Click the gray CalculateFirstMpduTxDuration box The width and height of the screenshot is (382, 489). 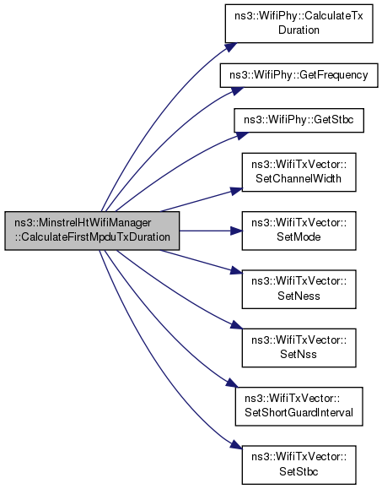(92, 231)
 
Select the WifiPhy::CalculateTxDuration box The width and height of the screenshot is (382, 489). (299, 24)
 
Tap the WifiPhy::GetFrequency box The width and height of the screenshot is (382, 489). (299, 75)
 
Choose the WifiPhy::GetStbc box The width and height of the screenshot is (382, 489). (299, 120)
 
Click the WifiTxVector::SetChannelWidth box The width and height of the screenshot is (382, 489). (299, 172)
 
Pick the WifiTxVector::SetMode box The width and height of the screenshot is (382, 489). (299, 231)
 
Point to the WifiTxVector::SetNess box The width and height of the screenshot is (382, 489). (299, 290)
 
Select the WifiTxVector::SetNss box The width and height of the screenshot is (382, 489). (299, 348)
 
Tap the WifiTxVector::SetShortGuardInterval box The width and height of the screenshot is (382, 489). (299, 406)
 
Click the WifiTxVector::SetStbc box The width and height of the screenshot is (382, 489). (299, 465)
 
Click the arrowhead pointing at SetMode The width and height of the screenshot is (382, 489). (236, 231)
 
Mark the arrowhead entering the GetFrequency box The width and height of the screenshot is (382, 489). (238, 91)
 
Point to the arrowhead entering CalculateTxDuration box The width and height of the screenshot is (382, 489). (231, 47)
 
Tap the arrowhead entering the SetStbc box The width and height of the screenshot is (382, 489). (236, 445)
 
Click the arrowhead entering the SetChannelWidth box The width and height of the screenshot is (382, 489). (236, 191)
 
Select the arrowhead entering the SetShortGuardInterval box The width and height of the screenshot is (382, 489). (232, 383)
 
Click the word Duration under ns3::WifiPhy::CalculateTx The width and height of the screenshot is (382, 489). (299, 30)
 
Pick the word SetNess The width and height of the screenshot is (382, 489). (299, 296)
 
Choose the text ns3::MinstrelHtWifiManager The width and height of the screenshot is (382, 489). (83, 223)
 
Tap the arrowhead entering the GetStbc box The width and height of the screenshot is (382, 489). (242, 135)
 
